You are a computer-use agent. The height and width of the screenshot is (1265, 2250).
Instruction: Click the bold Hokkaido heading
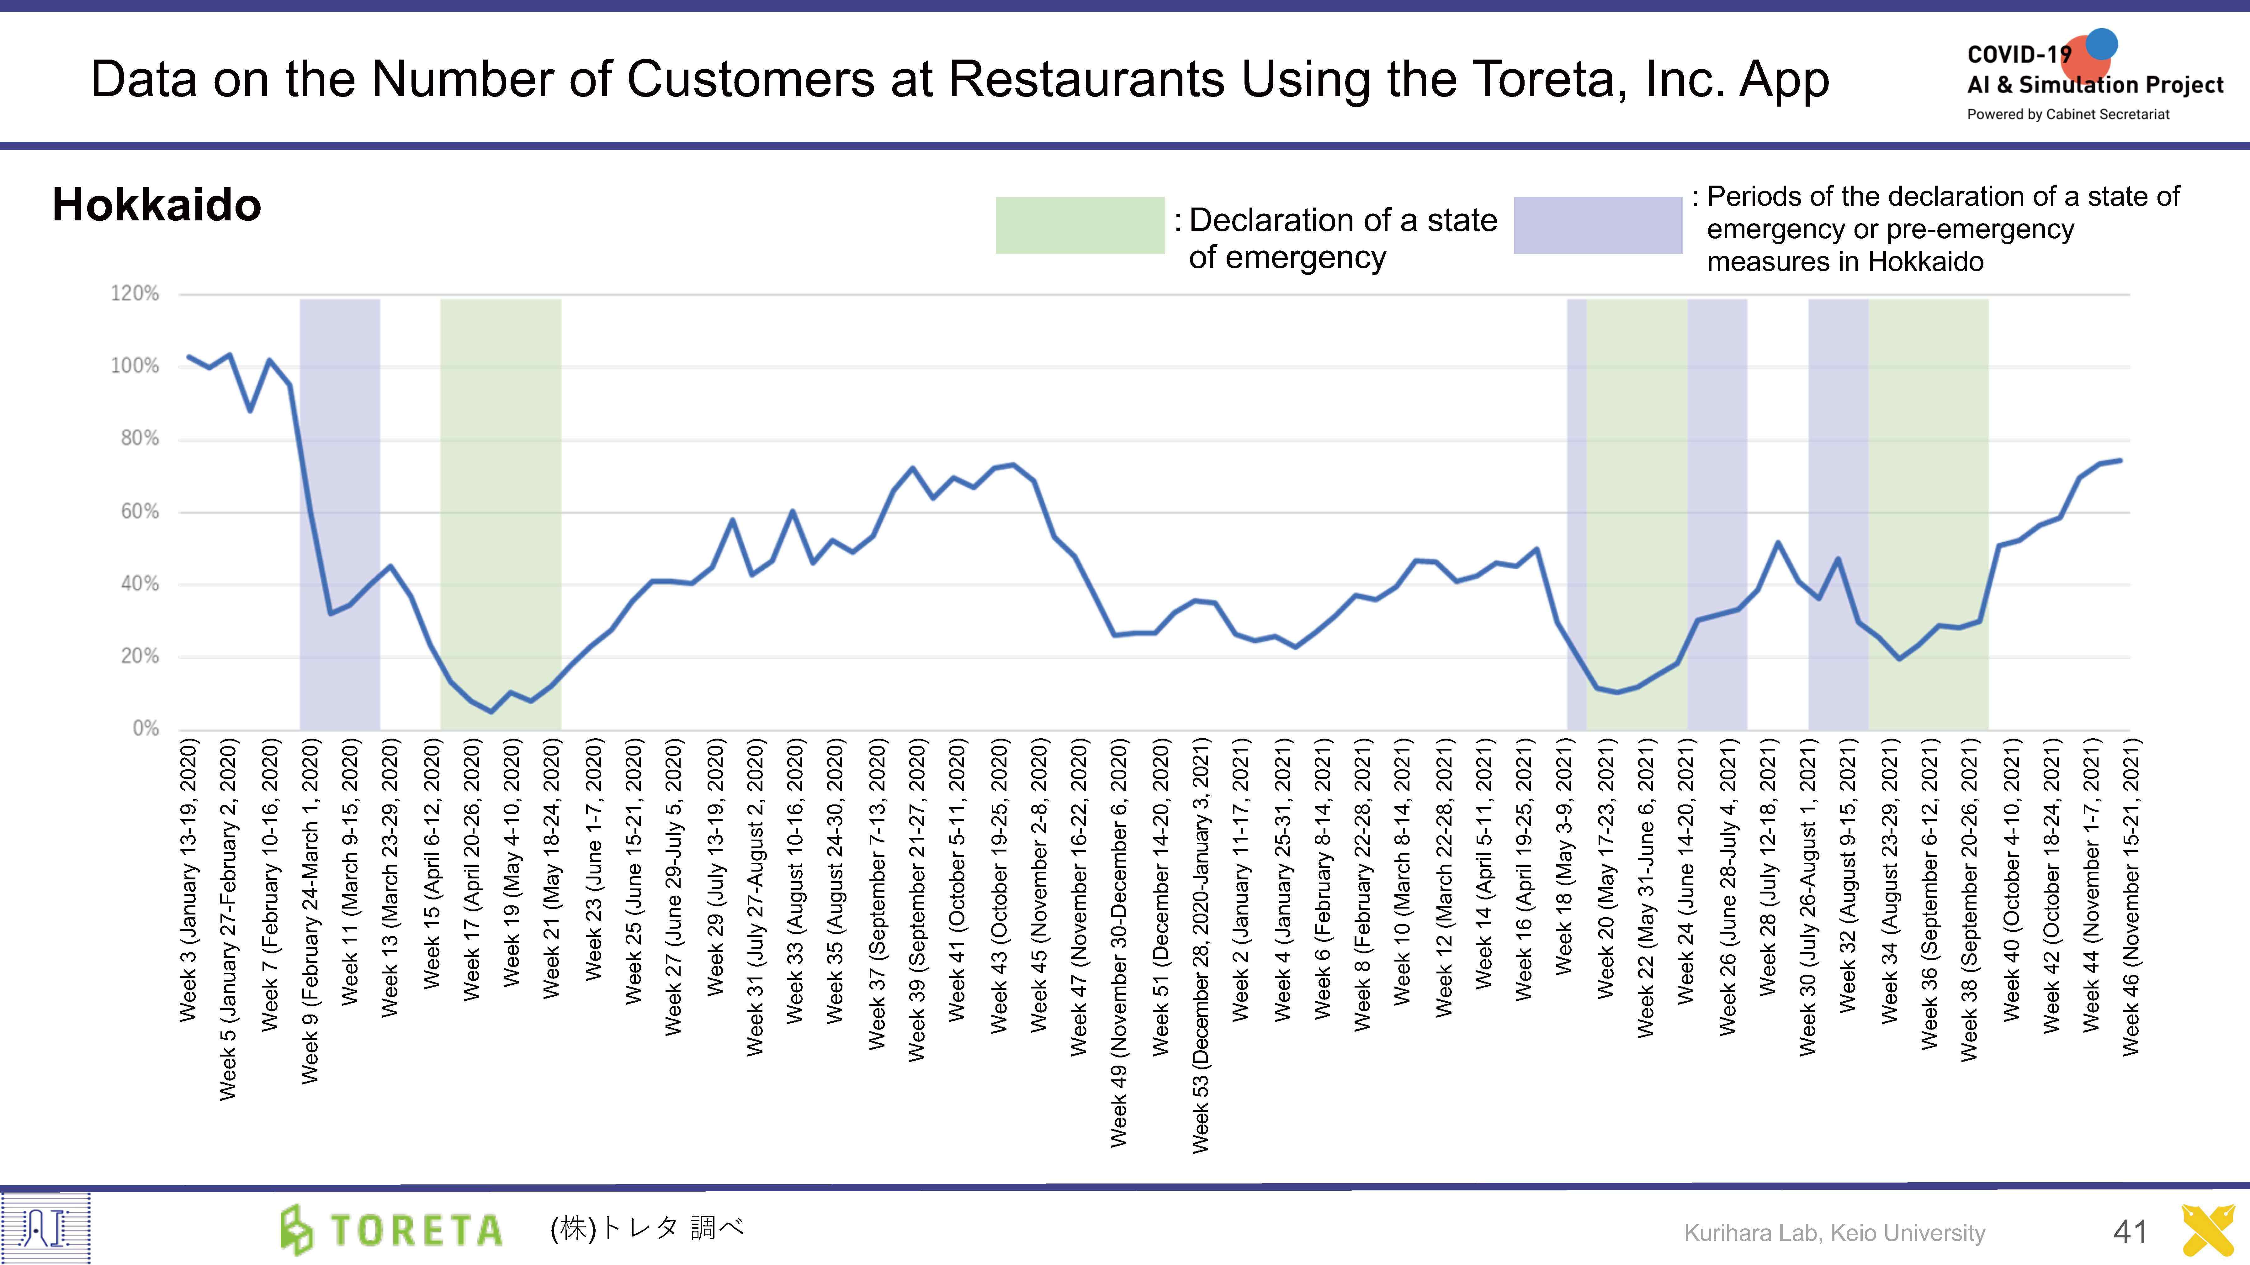157,205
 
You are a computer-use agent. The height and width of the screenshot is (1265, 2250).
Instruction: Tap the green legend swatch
1080,225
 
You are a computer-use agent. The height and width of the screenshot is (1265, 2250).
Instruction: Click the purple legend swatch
1598,225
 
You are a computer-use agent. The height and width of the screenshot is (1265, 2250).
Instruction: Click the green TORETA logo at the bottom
391,1229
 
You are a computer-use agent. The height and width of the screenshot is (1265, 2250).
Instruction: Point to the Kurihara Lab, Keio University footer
1834,1233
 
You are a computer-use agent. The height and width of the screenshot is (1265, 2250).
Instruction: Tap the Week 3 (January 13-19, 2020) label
189,880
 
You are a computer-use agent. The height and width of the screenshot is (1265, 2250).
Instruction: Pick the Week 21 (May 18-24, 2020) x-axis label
551,869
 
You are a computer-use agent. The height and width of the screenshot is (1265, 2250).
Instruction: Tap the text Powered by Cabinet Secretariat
2067,114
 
